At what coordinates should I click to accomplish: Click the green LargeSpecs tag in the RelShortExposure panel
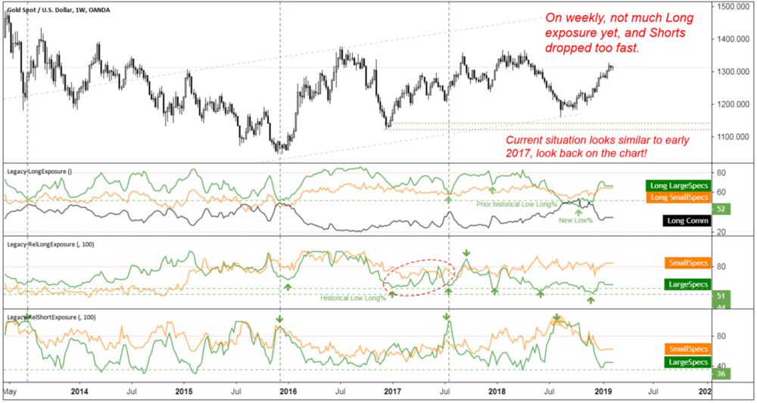coord(687,362)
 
